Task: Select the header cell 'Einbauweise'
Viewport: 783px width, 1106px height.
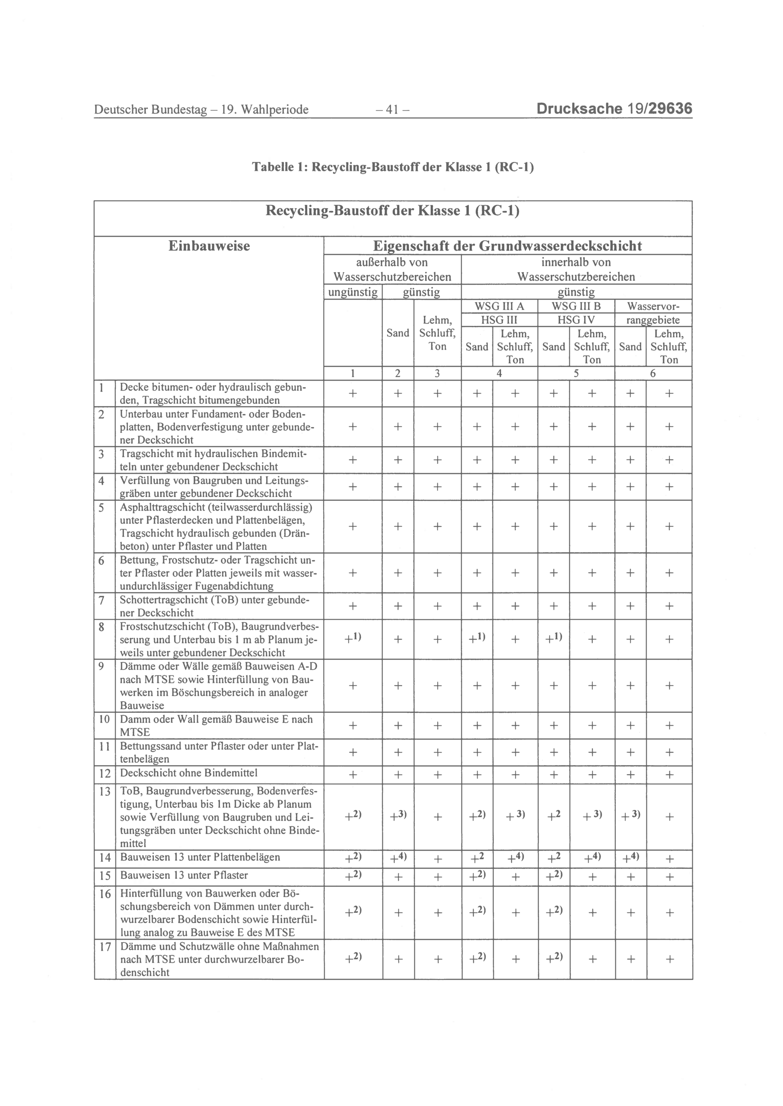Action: coord(209,246)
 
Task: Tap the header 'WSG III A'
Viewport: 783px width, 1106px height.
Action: coord(499,306)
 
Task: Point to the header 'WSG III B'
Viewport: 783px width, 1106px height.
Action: coord(576,306)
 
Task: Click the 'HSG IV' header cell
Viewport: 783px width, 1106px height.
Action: coord(576,320)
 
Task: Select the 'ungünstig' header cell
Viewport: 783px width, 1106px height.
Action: coord(353,292)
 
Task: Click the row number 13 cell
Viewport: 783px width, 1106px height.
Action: coord(105,792)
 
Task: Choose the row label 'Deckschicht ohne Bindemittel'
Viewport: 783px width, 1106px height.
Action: coord(188,773)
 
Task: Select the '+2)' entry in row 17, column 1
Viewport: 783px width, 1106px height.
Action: coord(353,959)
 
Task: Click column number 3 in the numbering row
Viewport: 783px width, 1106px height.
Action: coord(437,373)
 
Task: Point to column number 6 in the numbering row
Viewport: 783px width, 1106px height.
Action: coord(653,373)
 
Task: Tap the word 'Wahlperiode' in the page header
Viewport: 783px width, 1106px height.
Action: coord(274,110)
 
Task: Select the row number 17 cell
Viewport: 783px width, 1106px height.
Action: coord(105,947)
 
